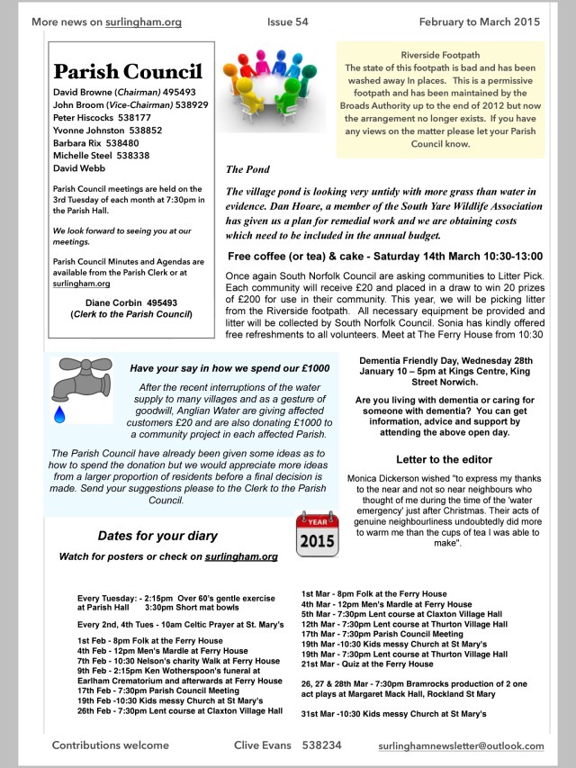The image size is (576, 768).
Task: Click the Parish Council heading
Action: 128,72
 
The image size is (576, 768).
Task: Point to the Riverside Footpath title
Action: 440,54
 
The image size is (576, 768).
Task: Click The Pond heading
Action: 247,169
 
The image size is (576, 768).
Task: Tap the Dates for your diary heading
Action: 157,536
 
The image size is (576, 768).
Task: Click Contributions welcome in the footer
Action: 111,745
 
